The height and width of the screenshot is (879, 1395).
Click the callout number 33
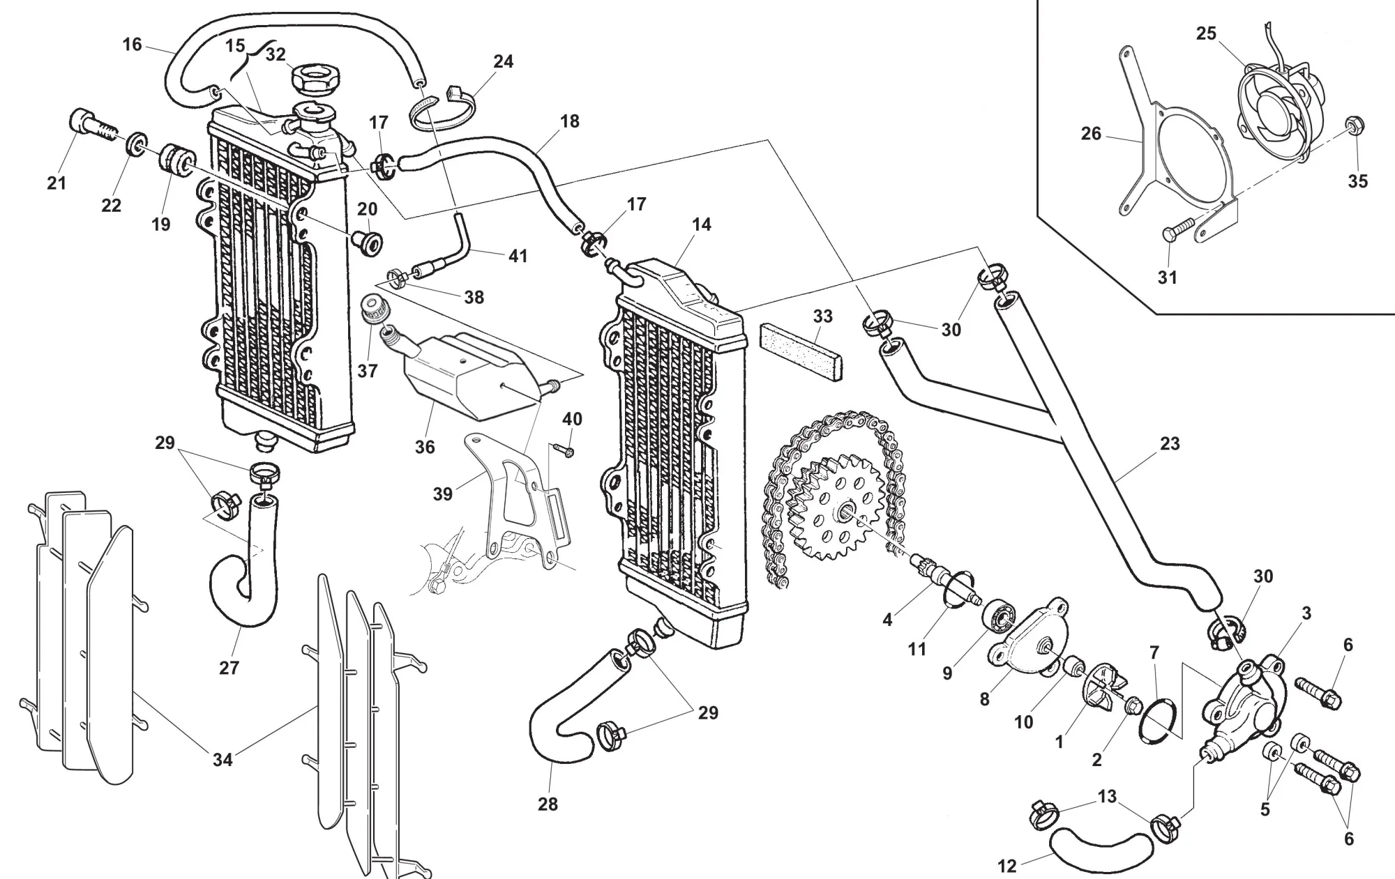click(x=823, y=316)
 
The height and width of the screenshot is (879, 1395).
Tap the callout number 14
click(x=702, y=224)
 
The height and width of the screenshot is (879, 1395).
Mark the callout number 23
click(x=1170, y=443)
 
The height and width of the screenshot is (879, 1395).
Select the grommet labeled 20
click(x=368, y=240)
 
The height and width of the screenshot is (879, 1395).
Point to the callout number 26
click(x=1091, y=133)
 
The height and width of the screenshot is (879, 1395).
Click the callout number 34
click(x=223, y=759)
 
